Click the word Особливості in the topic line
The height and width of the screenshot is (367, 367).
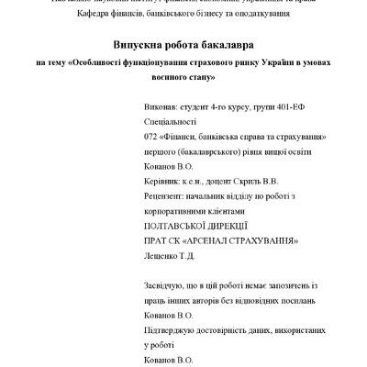click(x=102, y=63)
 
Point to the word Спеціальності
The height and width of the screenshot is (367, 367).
click(x=172, y=121)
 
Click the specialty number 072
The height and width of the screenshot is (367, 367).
click(x=151, y=135)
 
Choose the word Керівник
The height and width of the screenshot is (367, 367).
click(x=165, y=183)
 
